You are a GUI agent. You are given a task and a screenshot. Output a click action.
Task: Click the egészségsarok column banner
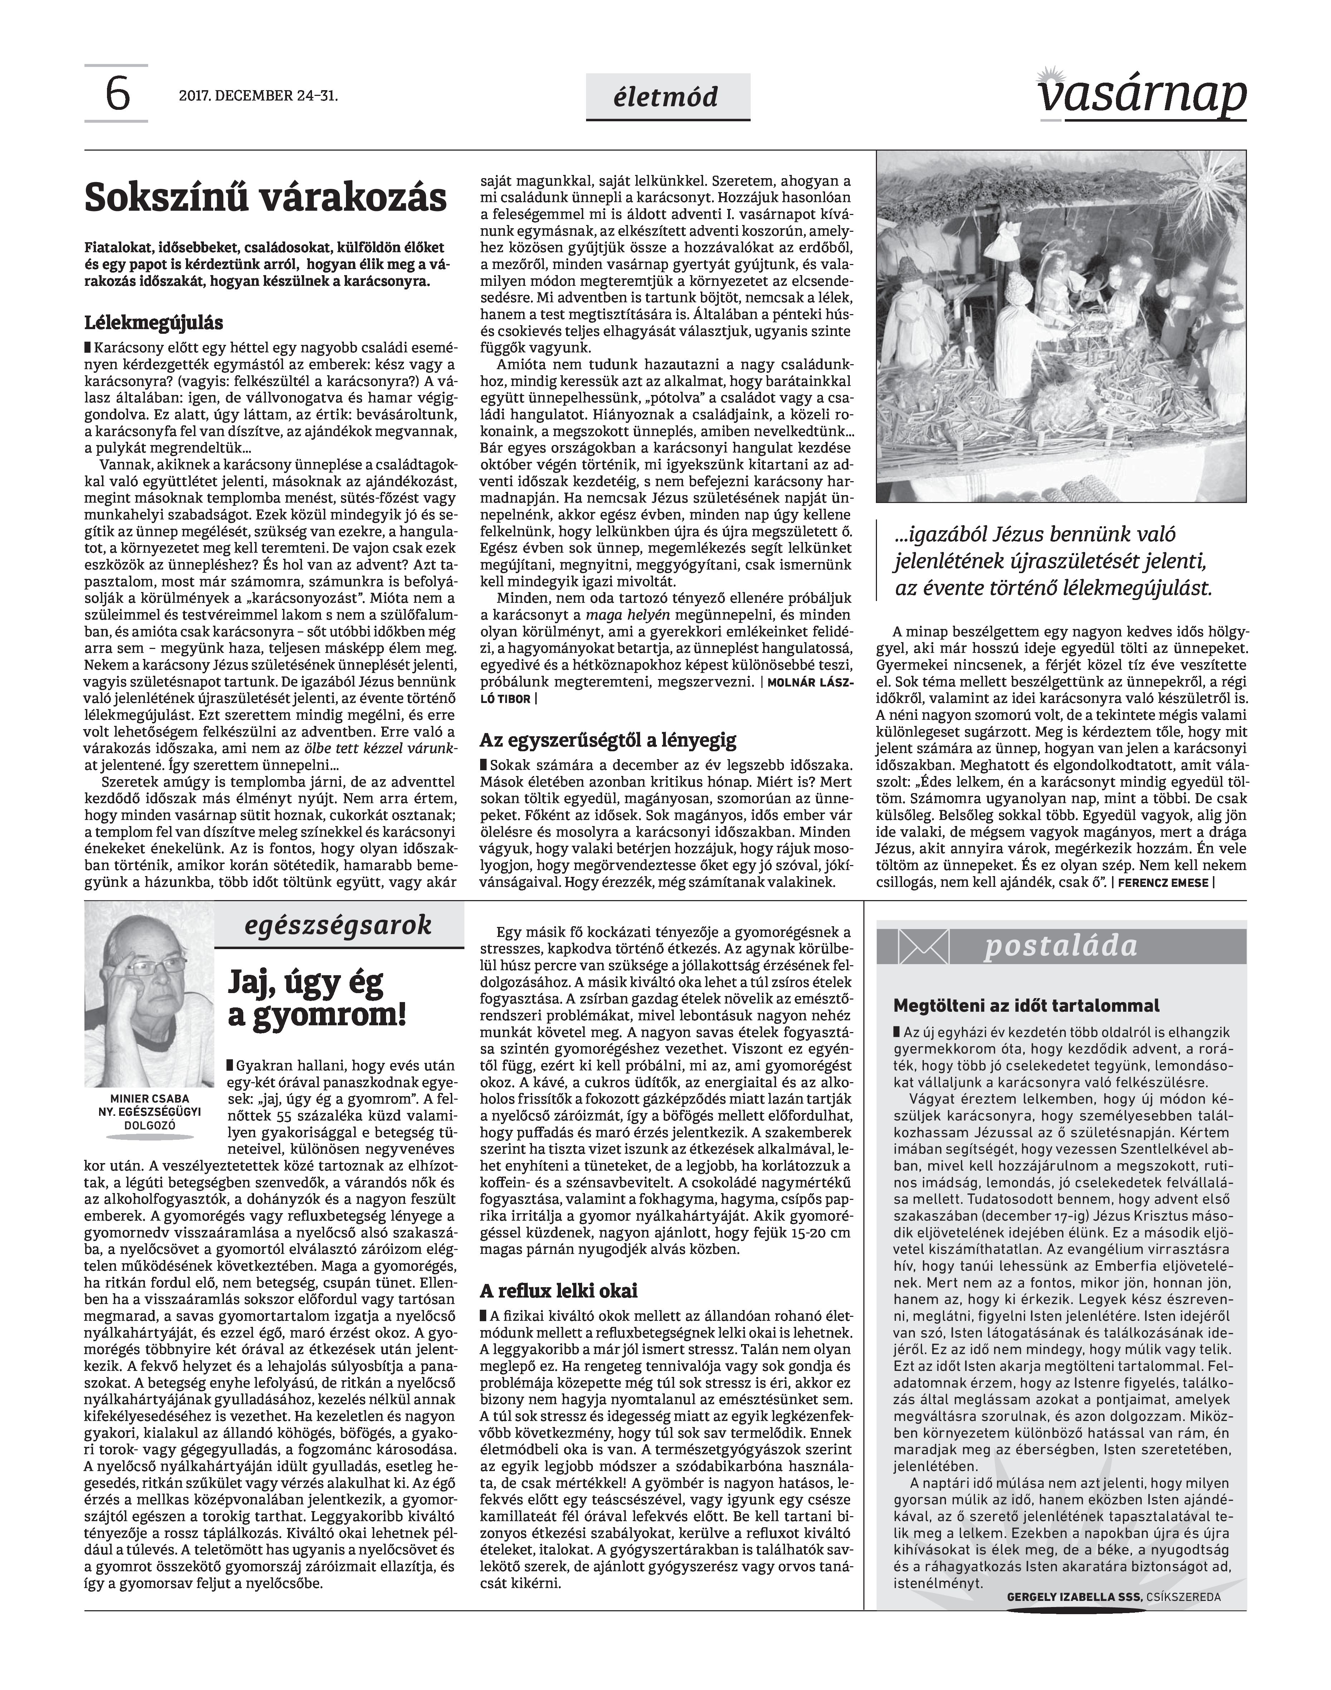[x=338, y=925]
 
